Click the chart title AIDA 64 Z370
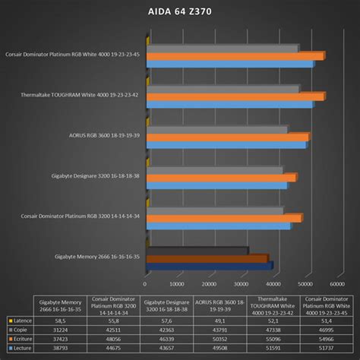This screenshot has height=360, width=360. pos(180,13)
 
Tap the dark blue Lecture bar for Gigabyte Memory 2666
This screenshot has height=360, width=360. pos(210,265)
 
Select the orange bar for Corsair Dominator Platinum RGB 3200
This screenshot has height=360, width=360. pos(225,218)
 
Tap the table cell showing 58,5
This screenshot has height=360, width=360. pos(61,322)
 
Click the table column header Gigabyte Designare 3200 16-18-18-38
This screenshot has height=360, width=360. pos(166,306)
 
